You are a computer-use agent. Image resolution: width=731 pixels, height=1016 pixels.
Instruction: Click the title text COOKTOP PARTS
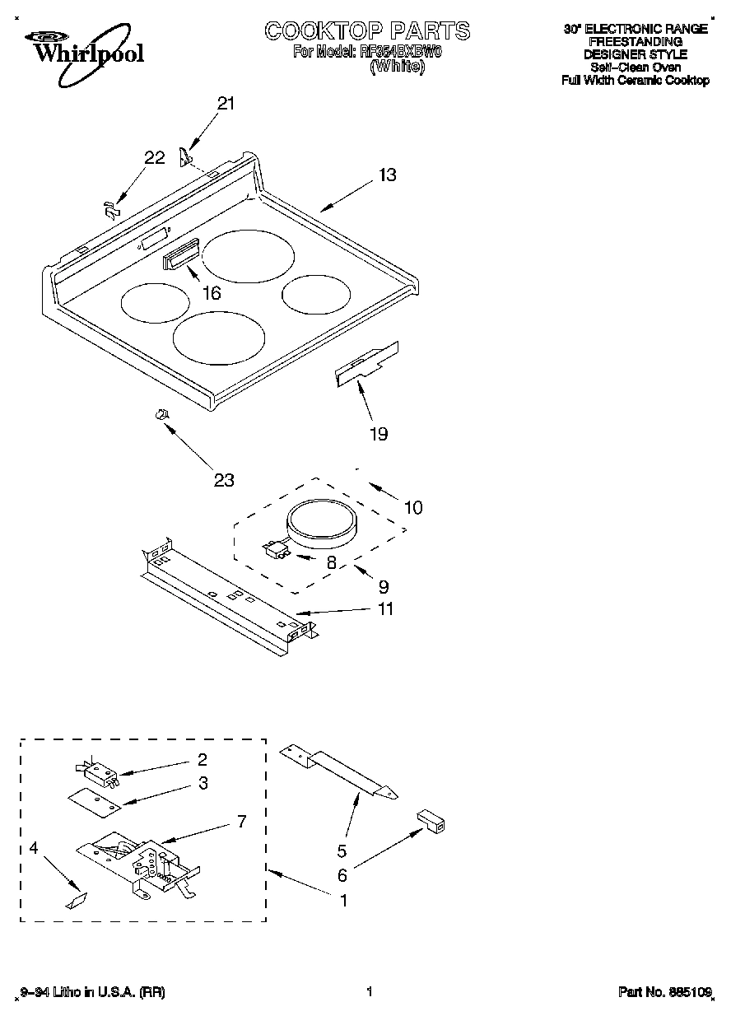(x=367, y=31)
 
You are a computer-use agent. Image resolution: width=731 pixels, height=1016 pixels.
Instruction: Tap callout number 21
(x=225, y=104)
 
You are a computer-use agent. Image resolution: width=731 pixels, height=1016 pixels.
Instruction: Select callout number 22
(x=155, y=158)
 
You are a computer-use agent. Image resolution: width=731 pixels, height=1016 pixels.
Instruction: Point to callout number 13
(x=388, y=175)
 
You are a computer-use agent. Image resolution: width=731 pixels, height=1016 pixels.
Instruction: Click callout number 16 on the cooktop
(x=212, y=293)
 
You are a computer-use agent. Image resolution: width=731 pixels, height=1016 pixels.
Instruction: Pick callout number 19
(x=378, y=435)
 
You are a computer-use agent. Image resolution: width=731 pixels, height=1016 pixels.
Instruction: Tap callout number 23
(x=224, y=480)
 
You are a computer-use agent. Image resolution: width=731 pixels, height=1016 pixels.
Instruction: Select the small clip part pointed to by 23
(x=162, y=414)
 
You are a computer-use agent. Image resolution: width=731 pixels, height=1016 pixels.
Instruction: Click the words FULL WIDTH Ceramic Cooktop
(x=635, y=81)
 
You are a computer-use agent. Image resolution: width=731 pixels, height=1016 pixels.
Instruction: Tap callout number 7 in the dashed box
(x=240, y=821)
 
